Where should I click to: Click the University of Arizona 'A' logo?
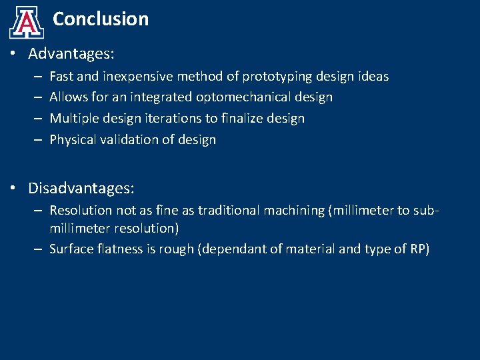27,23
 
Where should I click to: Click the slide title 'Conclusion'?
101,19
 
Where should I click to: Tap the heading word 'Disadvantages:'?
81,189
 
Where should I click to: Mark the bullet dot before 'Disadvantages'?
14,189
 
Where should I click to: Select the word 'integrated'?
163,97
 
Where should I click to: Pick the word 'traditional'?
229,210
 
